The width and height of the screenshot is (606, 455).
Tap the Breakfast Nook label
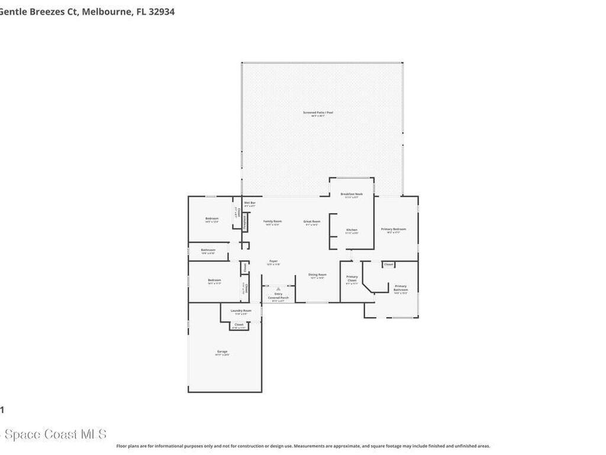click(352, 194)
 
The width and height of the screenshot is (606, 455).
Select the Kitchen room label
click(352, 230)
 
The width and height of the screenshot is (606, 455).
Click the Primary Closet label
click(352, 278)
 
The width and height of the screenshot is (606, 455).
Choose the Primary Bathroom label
click(401, 288)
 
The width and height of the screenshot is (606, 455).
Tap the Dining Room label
click(318, 275)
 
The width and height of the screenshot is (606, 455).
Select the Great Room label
click(312, 222)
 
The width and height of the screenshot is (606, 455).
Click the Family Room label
click(272, 222)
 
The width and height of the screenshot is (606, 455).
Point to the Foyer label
click(273, 261)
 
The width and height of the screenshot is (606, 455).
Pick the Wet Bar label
click(250, 203)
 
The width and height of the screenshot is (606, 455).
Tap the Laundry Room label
click(241, 310)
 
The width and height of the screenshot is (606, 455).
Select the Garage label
click(222, 352)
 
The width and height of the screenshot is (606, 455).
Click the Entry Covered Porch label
click(278, 296)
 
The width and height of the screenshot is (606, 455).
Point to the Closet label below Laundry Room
click(239, 325)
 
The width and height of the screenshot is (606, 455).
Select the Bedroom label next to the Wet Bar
click(212, 219)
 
